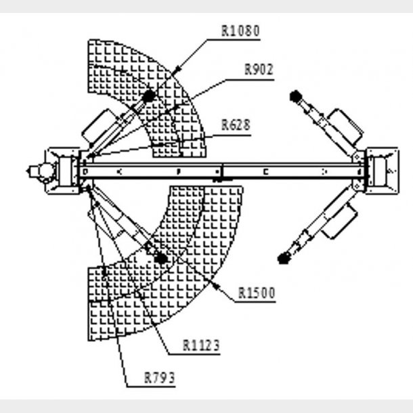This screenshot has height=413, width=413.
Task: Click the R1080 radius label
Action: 240,30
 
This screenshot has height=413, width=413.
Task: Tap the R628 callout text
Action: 236,125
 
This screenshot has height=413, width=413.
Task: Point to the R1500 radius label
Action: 257,293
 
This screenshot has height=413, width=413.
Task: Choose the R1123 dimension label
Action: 202,345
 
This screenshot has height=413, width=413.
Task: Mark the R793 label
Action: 160,377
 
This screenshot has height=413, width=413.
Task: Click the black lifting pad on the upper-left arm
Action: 148,97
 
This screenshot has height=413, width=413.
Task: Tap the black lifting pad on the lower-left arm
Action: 160,258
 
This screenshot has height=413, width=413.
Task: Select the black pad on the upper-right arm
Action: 295,95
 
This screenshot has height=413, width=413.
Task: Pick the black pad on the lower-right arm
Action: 283,257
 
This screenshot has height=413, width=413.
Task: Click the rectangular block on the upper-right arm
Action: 344,125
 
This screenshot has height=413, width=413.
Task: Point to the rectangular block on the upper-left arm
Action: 99,125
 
